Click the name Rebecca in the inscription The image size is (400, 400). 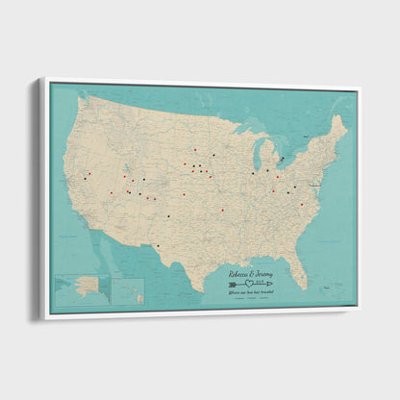point(240,274)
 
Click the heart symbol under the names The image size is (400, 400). point(252,284)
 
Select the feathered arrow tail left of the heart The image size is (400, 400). point(233,284)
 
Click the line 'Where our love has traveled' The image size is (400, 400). point(251,292)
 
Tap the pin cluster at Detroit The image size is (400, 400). point(282,160)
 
